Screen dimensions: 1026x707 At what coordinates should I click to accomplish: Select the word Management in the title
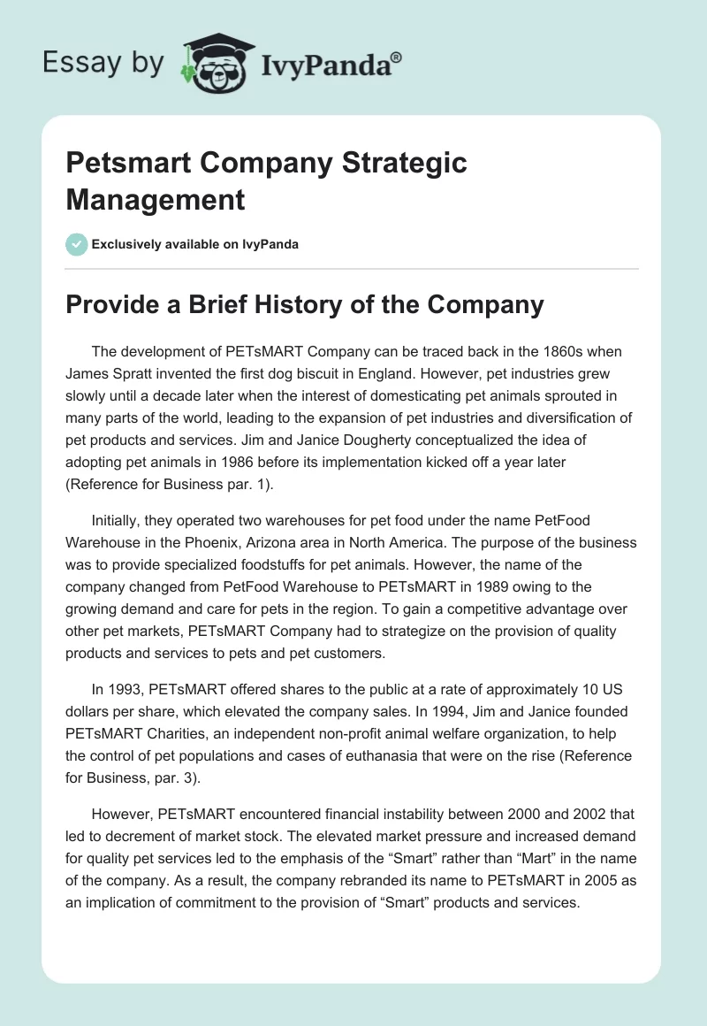(156, 199)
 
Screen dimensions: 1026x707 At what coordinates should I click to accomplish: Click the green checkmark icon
(77, 244)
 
